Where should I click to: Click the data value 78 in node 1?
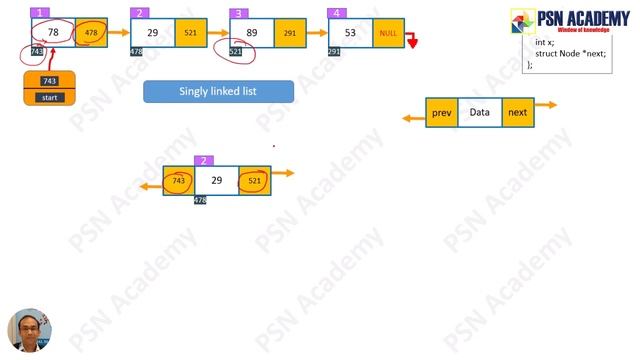[54, 33]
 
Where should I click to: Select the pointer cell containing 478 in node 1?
[91, 33]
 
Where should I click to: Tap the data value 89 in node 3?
[251, 33]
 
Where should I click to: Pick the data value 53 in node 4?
[350, 33]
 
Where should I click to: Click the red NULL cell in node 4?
[387, 33]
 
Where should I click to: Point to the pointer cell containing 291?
[289, 33]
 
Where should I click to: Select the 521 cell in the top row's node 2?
[190, 33]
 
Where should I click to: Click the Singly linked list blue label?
[218, 91]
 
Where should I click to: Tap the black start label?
[48, 97]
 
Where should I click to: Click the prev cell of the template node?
[442, 112]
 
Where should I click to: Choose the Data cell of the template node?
[480, 112]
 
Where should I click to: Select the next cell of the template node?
[517, 112]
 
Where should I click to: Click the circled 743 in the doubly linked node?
[179, 180]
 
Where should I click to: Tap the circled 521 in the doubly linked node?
[254, 180]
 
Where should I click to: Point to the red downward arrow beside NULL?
[411, 42]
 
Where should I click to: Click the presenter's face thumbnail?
[29, 330]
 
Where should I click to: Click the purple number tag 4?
[335, 12]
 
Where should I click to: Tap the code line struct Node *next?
[570, 52]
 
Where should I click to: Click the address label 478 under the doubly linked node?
[200, 201]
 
